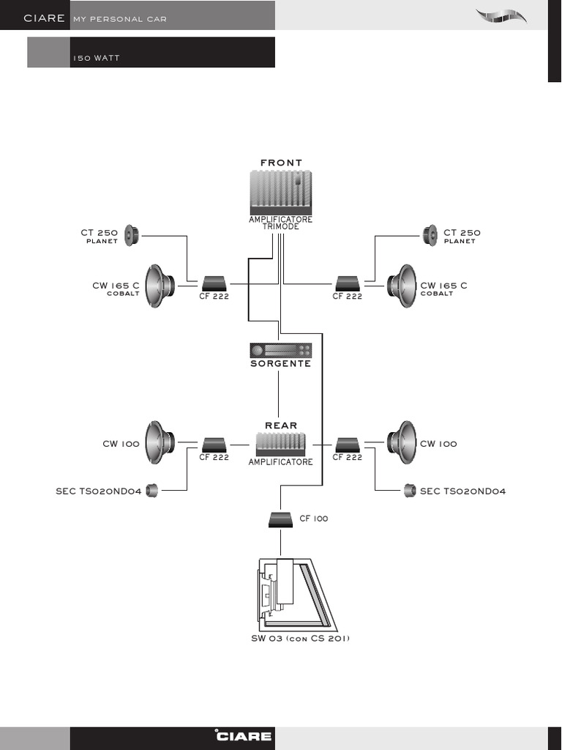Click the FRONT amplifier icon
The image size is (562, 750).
click(280, 193)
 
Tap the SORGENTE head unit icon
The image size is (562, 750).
click(280, 351)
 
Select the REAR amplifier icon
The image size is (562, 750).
click(280, 445)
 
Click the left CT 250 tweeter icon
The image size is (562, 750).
click(132, 236)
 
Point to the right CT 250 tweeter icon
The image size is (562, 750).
click(430, 236)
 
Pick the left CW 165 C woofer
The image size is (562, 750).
click(160, 286)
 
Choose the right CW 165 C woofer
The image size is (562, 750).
click(402, 286)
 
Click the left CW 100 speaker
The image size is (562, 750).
click(160, 442)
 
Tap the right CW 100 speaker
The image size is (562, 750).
click(402, 442)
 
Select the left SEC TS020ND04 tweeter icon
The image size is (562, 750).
click(151, 491)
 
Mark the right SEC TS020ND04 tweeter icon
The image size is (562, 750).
click(410, 491)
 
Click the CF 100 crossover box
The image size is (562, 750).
click(280, 520)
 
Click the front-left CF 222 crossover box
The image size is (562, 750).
click(214, 283)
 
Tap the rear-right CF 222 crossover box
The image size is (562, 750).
click(348, 445)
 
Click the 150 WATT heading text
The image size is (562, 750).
click(96, 58)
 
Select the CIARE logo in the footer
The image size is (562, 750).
click(244, 736)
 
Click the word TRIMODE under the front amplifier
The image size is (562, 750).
click(280, 227)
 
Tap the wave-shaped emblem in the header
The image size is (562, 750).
click(501, 16)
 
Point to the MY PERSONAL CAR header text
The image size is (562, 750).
click(120, 19)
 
